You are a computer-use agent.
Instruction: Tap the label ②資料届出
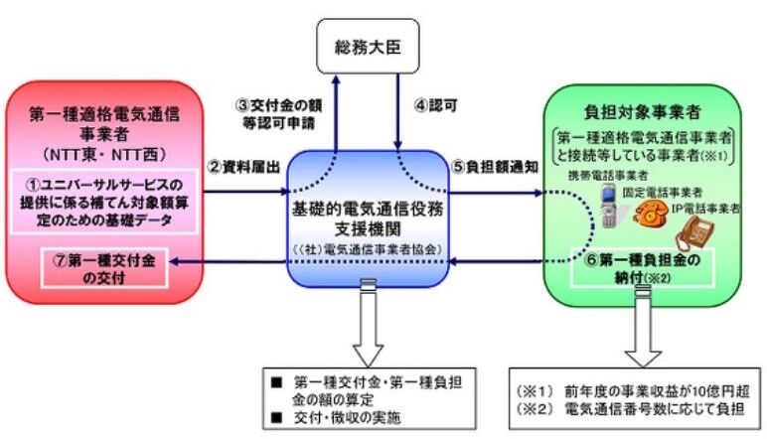click(x=232, y=166)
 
